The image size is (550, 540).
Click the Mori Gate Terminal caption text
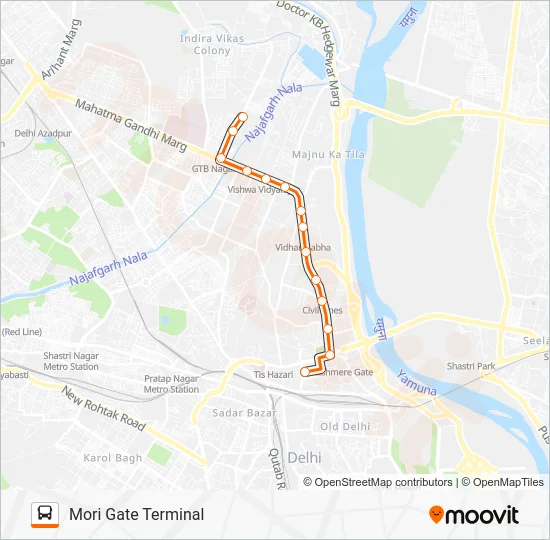click(136, 514)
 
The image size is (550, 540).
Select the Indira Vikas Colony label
click(204, 44)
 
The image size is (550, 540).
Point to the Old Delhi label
click(344, 426)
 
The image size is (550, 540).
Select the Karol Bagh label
click(112, 457)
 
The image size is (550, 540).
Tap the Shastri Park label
click(471, 366)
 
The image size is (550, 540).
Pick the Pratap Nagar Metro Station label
click(170, 384)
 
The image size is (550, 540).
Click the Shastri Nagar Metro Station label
click(70, 361)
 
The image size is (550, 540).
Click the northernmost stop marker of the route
click(242, 116)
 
